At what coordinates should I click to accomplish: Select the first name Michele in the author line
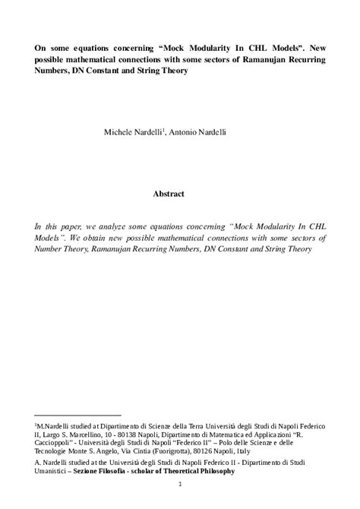[141, 132]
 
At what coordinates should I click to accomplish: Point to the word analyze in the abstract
[112, 226]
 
